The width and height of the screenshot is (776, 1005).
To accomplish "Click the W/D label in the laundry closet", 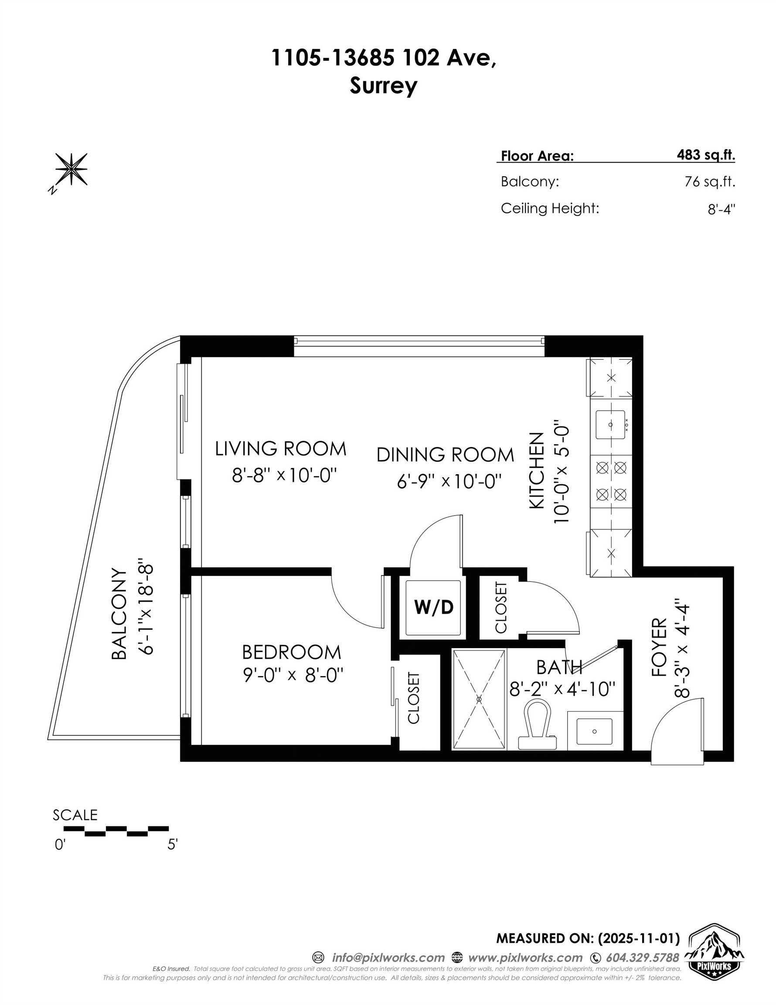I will tap(433, 608).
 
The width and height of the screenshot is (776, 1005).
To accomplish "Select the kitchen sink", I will tap(610, 424).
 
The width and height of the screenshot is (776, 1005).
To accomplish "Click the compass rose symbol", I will tap(71, 169).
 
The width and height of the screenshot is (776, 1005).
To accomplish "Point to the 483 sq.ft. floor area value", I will tap(706, 155).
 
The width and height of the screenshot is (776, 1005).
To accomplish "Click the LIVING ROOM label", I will tap(281, 449).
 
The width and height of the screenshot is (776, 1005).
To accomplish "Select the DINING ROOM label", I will tap(445, 455).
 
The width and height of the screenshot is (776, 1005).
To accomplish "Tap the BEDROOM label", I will tap(292, 652).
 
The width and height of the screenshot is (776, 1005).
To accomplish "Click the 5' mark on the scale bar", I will tap(172, 845).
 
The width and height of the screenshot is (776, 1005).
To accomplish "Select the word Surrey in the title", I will tap(383, 85).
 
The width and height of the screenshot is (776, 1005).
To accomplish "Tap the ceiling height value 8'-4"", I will tap(721, 209).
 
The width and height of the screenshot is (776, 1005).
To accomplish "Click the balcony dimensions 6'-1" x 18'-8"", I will tap(147, 610).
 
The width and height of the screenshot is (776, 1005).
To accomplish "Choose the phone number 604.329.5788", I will tap(642, 957).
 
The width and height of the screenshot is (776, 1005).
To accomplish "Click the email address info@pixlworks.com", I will tap(388, 957).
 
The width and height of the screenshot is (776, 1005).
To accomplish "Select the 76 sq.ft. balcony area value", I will tap(709, 182).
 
